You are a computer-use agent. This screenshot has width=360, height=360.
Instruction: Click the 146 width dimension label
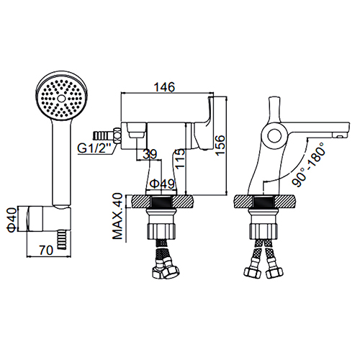[x=164, y=87]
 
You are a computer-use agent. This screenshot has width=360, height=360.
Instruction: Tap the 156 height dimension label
[x=220, y=145]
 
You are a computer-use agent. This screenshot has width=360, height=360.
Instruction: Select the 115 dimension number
[x=179, y=158]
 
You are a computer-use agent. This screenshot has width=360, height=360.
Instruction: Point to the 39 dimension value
[x=150, y=154]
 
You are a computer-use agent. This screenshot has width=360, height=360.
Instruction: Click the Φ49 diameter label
[x=162, y=184]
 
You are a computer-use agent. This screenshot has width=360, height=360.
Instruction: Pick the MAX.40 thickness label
[x=117, y=217]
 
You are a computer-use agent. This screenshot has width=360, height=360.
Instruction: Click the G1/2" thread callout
[x=94, y=149]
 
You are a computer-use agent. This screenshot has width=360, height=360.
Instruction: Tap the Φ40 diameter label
[x=12, y=220]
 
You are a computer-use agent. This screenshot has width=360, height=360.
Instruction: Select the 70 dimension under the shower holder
[x=46, y=251]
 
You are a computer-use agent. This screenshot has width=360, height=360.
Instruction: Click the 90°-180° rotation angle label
[x=309, y=164]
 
